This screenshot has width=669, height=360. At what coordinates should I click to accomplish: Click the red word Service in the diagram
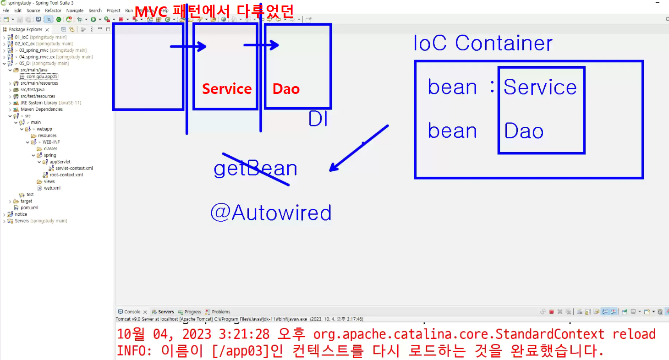pos(227,89)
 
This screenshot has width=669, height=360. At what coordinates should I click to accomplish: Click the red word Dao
pos(286,89)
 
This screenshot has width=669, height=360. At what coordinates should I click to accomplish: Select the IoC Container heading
pos(483,44)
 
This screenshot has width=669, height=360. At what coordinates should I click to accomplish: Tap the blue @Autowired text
pos(271,213)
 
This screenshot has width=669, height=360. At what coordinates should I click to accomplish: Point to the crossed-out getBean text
pos(255,169)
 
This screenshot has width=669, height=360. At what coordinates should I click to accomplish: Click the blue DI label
pos(318,119)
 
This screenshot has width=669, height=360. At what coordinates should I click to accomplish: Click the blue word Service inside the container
pos(540,87)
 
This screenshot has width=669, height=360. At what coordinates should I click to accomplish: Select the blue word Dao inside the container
pos(524,131)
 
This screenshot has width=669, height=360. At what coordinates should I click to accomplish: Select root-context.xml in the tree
pos(66,175)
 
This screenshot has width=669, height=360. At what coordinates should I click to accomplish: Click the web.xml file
pos(52,188)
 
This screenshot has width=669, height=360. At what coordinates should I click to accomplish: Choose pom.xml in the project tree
pos(29,207)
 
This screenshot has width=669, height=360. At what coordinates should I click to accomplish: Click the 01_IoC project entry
pos(22,37)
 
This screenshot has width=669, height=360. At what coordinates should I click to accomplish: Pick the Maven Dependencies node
pos(41,109)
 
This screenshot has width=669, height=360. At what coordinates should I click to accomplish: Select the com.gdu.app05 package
pos(42,76)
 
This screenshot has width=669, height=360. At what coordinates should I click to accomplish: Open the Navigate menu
pos(75,11)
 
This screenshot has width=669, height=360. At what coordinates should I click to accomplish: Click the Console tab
pos(132,312)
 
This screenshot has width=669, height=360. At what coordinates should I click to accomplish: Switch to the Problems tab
pos(221,312)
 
